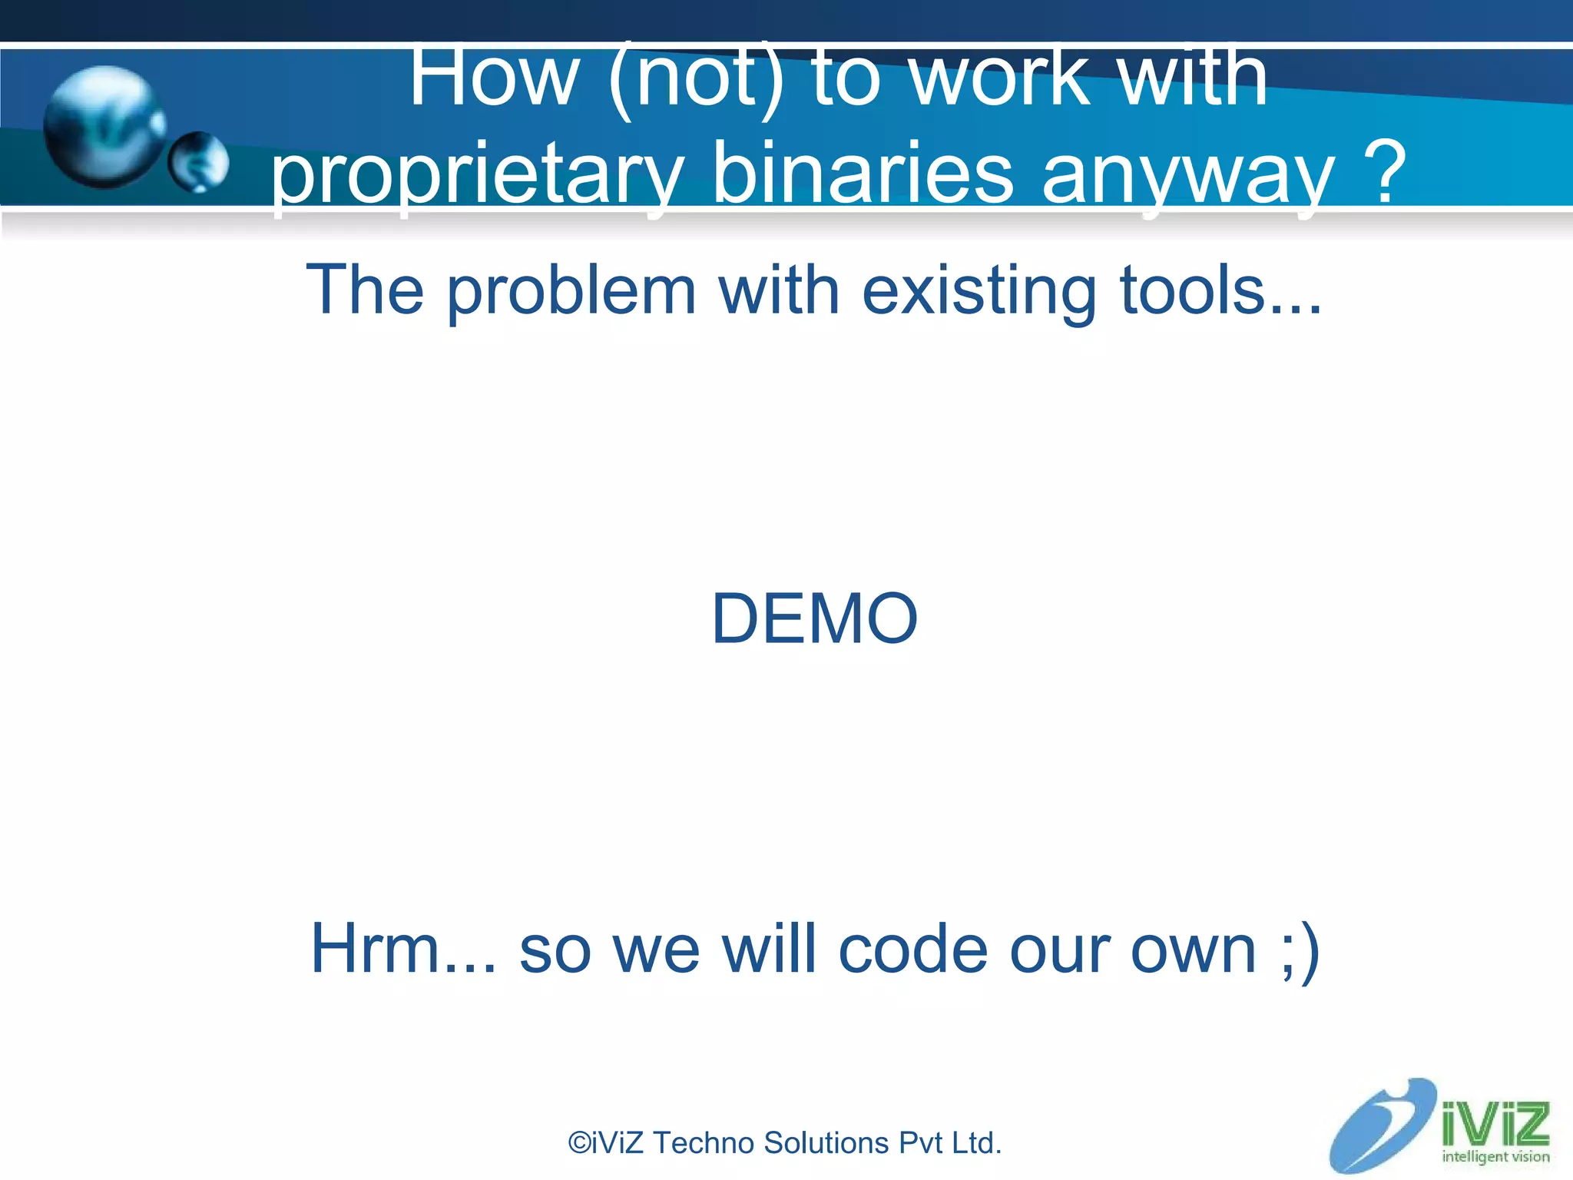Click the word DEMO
[814, 619]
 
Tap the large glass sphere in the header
[104, 128]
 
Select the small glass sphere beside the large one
[198, 161]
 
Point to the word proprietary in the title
[476, 175]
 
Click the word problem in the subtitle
[571, 292]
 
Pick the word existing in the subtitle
[979, 292]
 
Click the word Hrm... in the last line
[402, 950]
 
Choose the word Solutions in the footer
[826, 1143]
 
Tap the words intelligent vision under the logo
[1495, 1157]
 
